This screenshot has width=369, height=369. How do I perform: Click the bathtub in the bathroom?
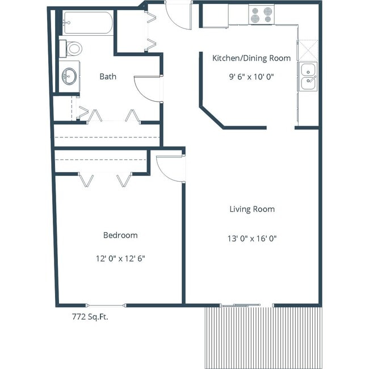click(87, 23)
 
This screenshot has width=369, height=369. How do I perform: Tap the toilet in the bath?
click(72, 48)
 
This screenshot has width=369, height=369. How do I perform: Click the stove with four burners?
click(261, 15)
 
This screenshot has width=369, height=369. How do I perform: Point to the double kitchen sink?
click(308, 77)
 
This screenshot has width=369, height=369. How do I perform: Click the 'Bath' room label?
click(108, 76)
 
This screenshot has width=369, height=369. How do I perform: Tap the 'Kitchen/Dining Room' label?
click(251, 58)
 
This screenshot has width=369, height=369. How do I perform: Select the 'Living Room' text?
click(251, 209)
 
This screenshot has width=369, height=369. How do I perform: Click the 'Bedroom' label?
click(120, 235)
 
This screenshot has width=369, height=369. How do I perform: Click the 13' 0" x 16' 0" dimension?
click(251, 238)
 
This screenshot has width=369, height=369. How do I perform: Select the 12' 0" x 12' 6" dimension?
click(120, 258)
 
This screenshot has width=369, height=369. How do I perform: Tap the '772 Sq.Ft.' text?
click(86, 317)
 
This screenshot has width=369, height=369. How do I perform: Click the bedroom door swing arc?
click(170, 169)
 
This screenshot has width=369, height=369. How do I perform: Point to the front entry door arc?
click(178, 16)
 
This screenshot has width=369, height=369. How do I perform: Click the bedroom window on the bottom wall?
click(106, 305)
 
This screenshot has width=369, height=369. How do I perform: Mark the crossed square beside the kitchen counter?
click(308, 49)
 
